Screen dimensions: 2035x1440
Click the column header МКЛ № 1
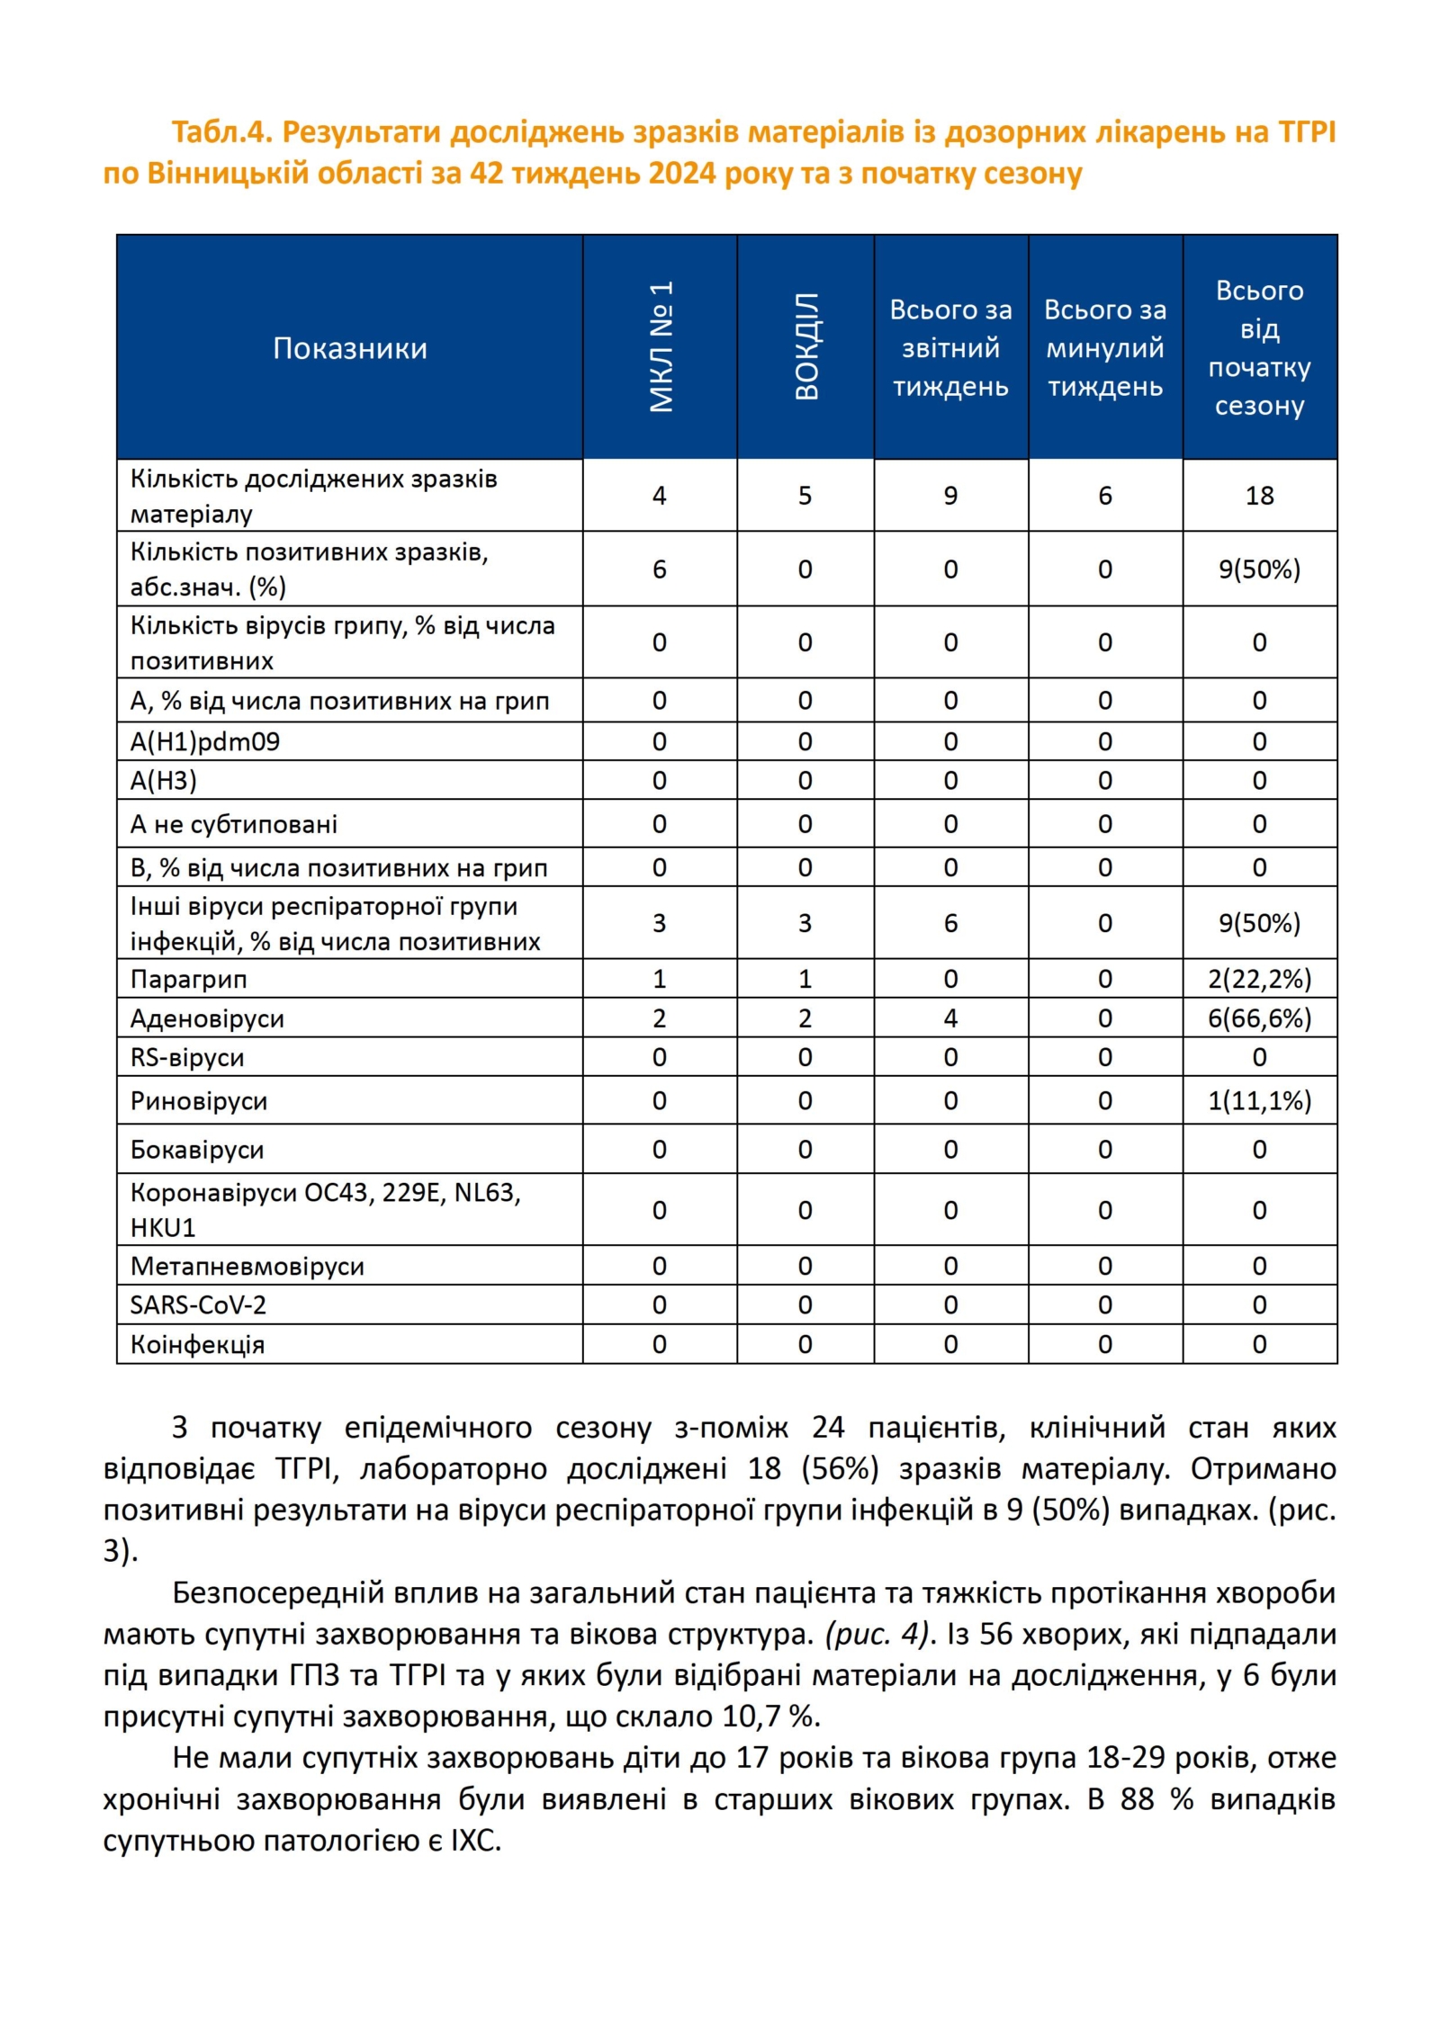coord(661,346)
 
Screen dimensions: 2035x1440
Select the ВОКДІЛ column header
coord(805,346)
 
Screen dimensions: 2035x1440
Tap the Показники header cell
coord(349,348)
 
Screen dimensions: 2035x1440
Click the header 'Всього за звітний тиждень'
coord(950,348)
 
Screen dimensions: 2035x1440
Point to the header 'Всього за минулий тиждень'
coord(1104,348)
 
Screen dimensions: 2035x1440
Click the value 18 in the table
coord(1259,496)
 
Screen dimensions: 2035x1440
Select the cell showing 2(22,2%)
coord(1259,979)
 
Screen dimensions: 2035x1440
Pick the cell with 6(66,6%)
coord(1259,1018)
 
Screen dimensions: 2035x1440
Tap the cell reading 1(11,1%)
coord(1259,1101)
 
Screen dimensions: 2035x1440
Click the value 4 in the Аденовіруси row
coord(950,1018)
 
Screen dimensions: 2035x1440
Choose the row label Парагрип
coord(189,979)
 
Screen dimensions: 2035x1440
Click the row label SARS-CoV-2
coord(198,1305)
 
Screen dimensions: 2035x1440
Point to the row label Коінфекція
coord(197,1345)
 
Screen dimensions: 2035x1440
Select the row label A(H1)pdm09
coord(205,742)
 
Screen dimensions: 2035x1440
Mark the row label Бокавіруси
coord(197,1150)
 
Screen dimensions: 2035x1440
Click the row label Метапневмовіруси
coord(247,1267)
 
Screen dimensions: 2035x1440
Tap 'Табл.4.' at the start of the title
coord(221,132)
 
